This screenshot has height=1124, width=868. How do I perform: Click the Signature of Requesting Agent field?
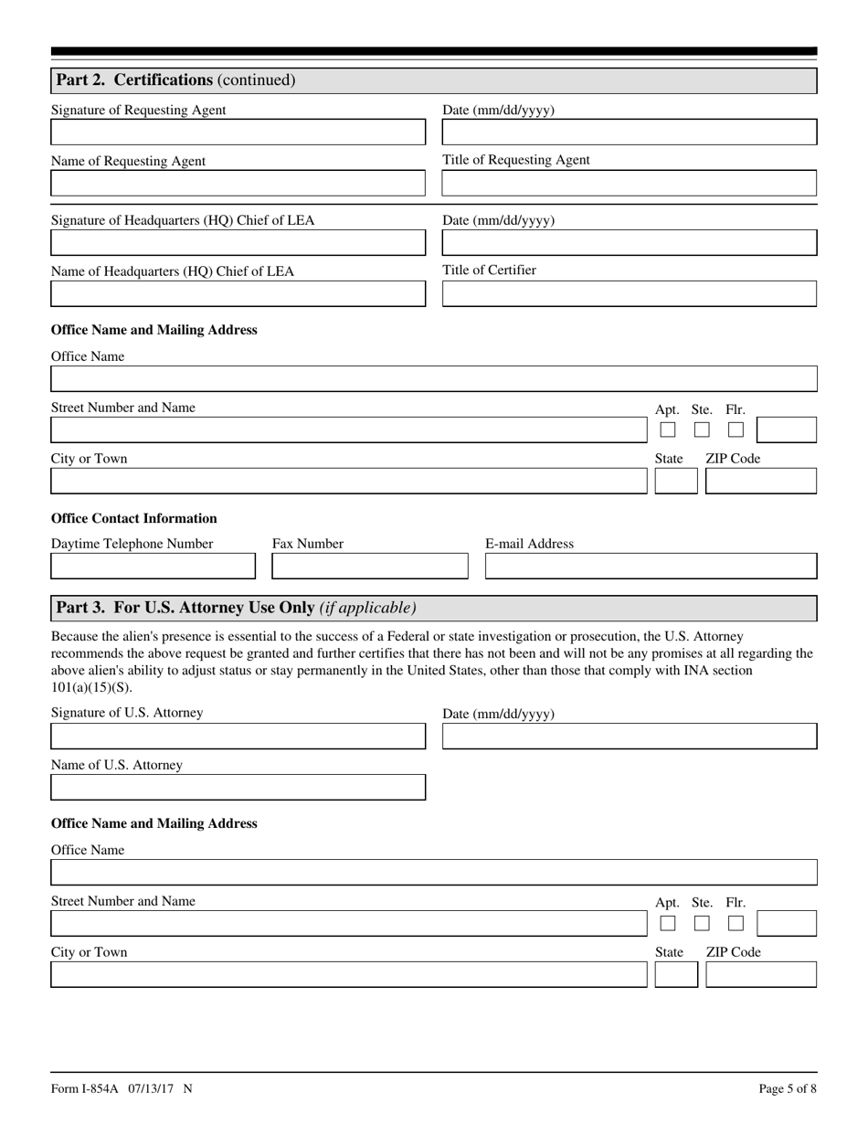pos(238,133)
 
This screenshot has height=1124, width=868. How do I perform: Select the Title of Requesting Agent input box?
pos(629,184)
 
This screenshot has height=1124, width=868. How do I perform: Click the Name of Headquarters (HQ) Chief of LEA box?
pos(238,294)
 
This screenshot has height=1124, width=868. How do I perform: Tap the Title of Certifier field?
pos(629,294)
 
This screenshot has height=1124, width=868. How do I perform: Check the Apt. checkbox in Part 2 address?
pos(668,429)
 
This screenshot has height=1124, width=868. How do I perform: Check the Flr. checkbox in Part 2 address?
pos(736,429)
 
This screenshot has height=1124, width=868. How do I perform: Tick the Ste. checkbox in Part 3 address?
pos(702,923)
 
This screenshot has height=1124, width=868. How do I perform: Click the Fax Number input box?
pos(369,567)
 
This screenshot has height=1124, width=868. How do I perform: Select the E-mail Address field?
pos(651,567)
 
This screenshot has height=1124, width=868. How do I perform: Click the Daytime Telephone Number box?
pos(153,567)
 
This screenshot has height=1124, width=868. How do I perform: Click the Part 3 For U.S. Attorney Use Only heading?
pos(236,608)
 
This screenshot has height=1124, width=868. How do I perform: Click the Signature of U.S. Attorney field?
pos(238,737)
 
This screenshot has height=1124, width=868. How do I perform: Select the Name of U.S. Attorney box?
pos(238,788)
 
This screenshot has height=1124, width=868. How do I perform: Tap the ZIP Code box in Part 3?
pos(761,975)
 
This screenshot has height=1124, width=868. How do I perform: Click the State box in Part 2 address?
pos(676,482)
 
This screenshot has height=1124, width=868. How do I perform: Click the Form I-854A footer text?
pos(122,1088)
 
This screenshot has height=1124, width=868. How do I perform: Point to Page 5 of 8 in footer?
pos(788,1088)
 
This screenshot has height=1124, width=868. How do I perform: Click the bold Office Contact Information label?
pos(134,518)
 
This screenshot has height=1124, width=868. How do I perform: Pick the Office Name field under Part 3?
pos(433,873)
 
